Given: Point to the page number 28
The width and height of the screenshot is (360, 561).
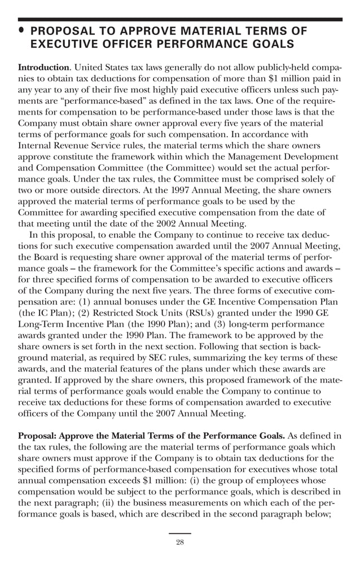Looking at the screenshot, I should pos(180,542).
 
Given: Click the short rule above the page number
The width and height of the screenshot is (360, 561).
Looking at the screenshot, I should pos(180,533).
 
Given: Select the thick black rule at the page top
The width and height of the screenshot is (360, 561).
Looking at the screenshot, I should pos(180,19).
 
